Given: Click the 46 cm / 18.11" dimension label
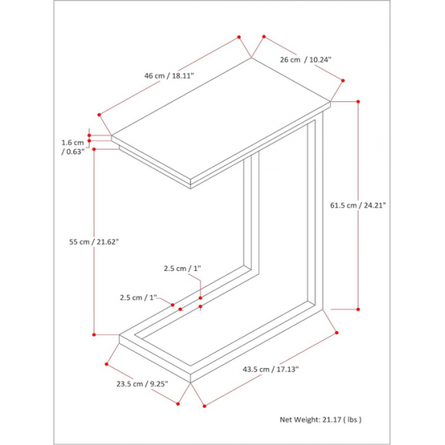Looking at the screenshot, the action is coord(169,76).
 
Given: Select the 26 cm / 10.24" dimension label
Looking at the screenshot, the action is coord(306,60).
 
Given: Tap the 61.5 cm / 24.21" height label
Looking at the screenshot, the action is coord(358,205).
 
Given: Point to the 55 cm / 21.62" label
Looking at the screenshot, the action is coord(94,242).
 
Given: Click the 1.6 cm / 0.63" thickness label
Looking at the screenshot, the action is coord(73,147).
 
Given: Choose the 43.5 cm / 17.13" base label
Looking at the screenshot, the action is coord(271,369).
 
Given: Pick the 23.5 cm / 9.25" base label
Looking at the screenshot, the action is coord(142,384).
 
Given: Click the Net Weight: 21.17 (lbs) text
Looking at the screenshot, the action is coord(320,419).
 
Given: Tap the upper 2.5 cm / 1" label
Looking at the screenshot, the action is coord(182,268).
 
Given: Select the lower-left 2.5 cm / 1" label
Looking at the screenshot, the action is coord(138,298).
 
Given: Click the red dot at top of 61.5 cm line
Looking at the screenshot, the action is coord(358,102).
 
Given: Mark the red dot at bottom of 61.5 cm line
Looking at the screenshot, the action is coord(358,309).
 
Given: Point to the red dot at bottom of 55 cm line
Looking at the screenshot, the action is coord(94,335).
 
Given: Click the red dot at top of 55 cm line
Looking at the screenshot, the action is coord(94,149).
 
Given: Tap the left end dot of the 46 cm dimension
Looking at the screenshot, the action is coord(99,115).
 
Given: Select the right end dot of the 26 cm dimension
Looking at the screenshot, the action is coord(343,81).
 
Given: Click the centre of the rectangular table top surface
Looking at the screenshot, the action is coord(221,119).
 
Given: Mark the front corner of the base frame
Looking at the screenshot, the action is coord(190,382).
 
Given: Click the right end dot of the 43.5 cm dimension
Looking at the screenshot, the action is coord(337,333).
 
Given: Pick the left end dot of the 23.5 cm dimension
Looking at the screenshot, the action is coord(107,364).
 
